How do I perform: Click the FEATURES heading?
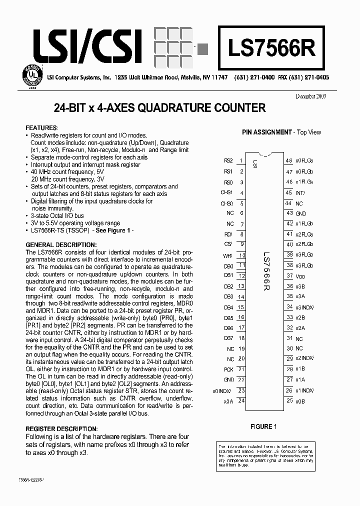(42, 128)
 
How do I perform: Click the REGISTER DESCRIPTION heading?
(61, 429)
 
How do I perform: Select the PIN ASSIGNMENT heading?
(266, 132)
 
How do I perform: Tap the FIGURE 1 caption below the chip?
(263, 426)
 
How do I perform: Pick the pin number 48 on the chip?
(289, 161)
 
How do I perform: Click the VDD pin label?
(300, 276)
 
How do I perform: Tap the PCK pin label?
(228, 369)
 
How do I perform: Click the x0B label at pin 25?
(300, 401)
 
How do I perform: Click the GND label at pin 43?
(301, 213)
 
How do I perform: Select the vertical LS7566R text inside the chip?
(266, 272)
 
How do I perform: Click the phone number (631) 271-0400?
(254, 78)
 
